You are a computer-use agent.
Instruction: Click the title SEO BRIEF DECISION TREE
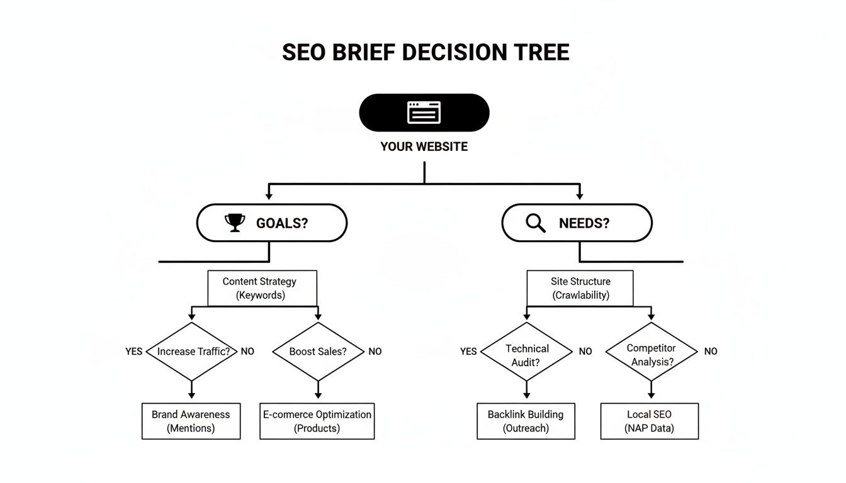pos(426,52)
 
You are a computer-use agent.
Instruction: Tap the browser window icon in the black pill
pos(424,113)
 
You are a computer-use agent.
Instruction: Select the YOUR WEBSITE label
pos(424,147)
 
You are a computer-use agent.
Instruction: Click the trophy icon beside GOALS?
pos(234,223)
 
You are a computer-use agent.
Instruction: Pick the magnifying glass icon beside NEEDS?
pos(536,223)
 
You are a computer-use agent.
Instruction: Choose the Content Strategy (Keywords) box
pos(262,289)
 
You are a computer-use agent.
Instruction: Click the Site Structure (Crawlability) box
pos(580,289)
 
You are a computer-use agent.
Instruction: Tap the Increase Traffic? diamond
pos(191,352)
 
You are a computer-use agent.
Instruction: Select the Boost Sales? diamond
pos(318,352)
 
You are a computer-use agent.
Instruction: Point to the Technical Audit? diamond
pos(527,352)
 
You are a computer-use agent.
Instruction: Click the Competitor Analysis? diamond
pos(651,352)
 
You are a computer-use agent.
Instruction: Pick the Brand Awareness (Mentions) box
pos(191,421)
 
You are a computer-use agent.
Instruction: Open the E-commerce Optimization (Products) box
pos(317,421)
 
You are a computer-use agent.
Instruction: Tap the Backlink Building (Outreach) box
pos(526,421)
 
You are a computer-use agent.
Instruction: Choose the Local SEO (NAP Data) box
pos(649,421)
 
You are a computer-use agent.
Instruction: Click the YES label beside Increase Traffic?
pos(134,352)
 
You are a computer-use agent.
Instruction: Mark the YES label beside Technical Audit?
pos(468,352)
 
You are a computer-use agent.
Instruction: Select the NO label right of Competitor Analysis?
pos(711,352)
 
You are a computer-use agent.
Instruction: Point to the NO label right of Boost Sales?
pos(375,352)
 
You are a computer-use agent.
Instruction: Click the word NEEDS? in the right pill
pos(584,223)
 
